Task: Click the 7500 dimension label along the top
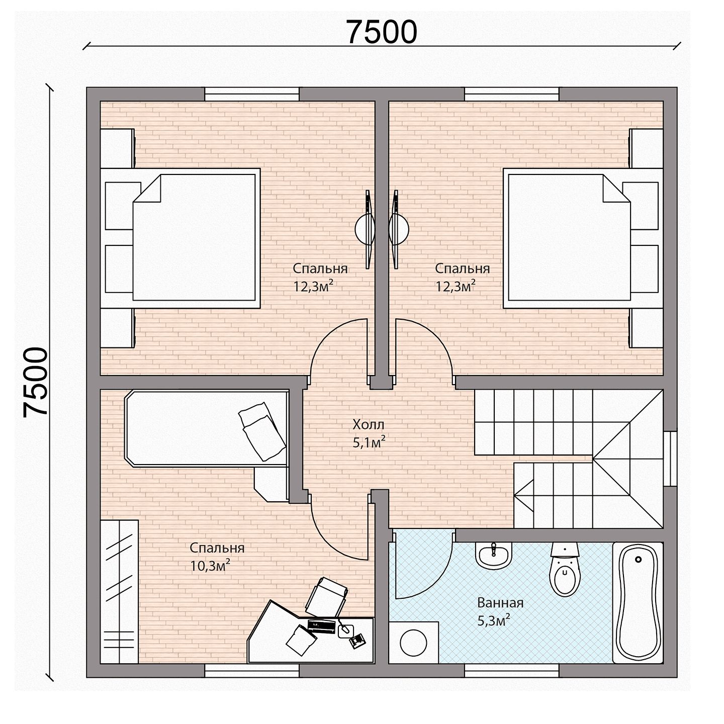(x=382, y=32)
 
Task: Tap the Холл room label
(x=368, y=424)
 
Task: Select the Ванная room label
(x=500, y=603)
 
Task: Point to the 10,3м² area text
(x=210, y=566)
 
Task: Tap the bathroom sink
(x=493, y=555)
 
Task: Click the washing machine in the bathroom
(x=414, y=643)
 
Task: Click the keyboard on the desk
(x=321, y=626)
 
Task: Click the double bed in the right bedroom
(x=583, y=238)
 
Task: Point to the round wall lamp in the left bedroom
(x=365, y=229)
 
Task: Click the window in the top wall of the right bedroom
(x=512, y=94)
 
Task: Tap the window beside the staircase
(x=670, y=459)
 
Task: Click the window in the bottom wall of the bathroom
(x=512, y=671)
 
